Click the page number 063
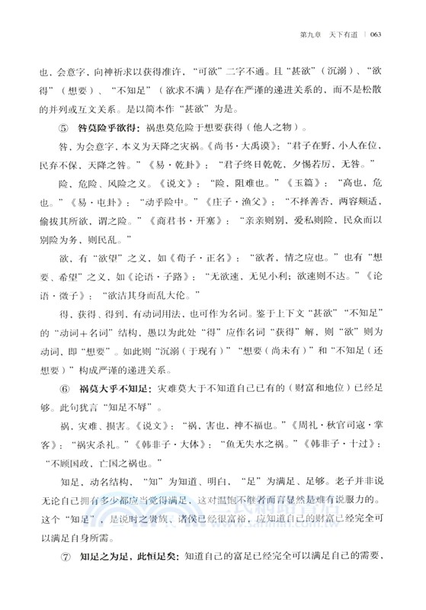tap(380, 34)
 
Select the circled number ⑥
tap(55, 387)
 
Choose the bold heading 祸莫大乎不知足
tap(110, 387)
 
